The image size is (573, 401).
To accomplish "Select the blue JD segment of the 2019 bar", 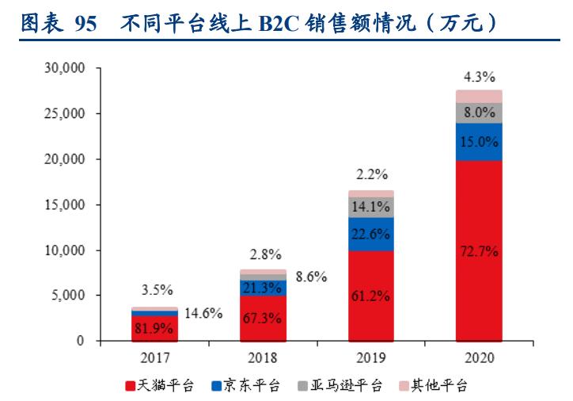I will (371, 224).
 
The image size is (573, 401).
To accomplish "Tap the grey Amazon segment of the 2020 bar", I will (479, 113).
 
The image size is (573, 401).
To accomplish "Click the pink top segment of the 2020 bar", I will (479, 96).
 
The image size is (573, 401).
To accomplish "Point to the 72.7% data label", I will (479, 252).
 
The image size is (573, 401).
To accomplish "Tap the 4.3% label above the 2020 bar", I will (479, 77).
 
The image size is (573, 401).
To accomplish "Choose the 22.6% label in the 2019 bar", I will (371, 233).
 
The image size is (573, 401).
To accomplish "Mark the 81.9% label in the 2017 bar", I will (154, 328).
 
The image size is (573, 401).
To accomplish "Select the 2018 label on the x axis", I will (263, 357).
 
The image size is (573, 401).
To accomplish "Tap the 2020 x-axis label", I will (479, 357).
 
